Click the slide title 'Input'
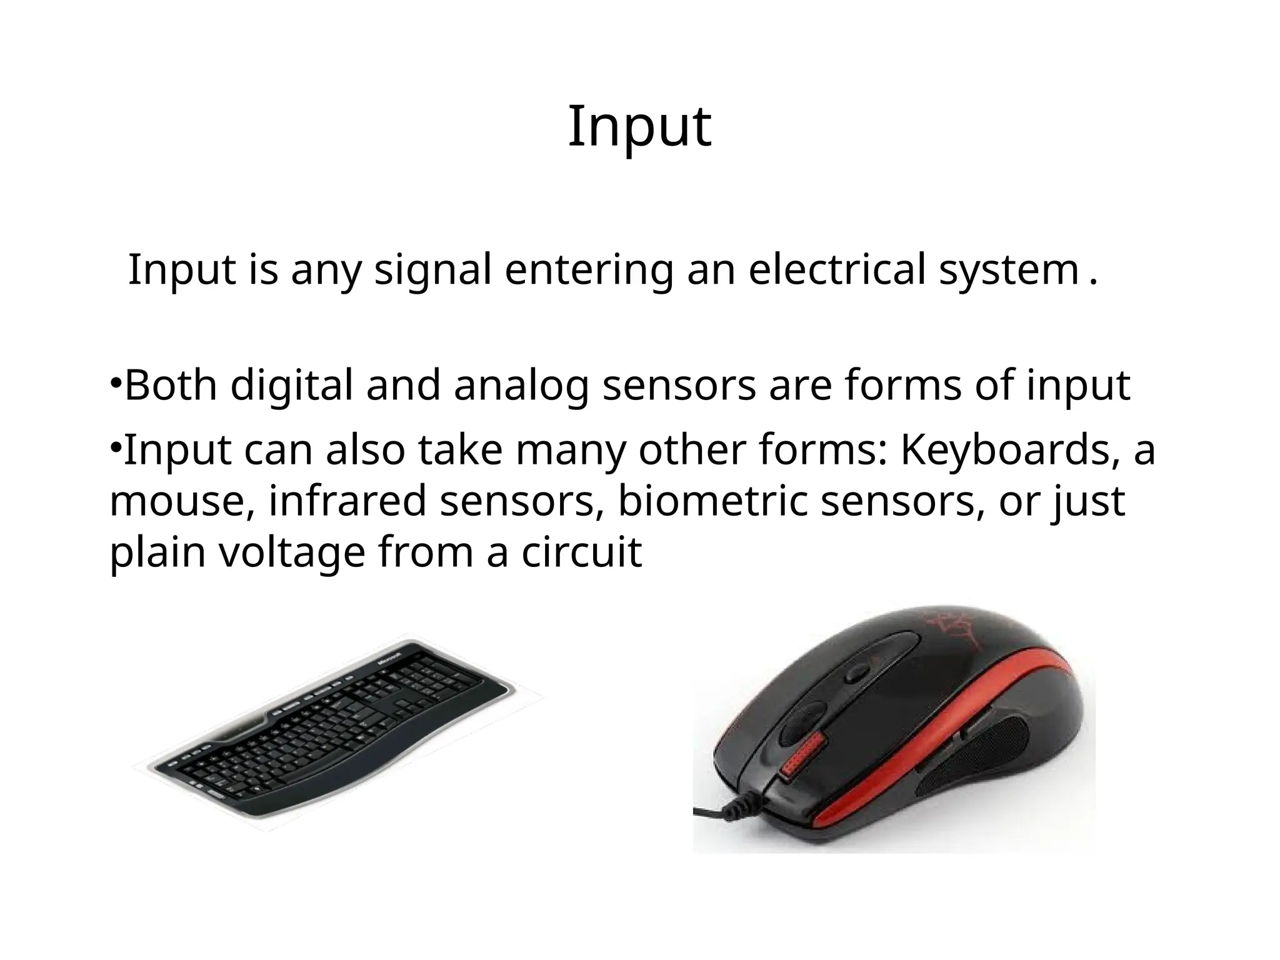(639, 127)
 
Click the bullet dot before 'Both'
(116, 382)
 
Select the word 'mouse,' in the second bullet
(182, 502)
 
